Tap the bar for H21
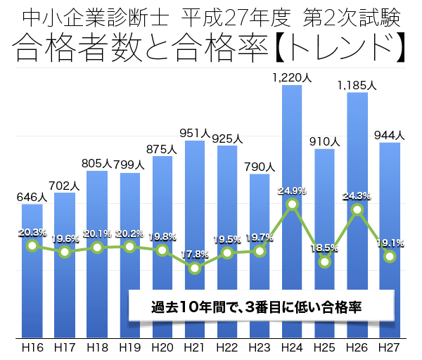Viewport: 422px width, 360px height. pyautogui.click(x=195, y=211)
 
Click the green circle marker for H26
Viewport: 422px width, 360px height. pyautogui.click(x=357, y=210)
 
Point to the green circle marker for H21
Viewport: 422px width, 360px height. pyautogui.click(x=195, y=268)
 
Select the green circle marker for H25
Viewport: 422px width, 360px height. pyautogui.click(x=324, y=262)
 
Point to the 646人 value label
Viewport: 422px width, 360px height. pyautogui.click(x=32, y=198)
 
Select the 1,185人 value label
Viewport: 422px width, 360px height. pyautogui.click(x=357, y=85)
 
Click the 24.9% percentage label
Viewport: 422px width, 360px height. pyautogui.click(x=292, y=191)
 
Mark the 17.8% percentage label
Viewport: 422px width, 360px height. pyautogui.click(x=195, y=254)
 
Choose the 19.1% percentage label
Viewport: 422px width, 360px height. pyautogui.click(x=389, y=243)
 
